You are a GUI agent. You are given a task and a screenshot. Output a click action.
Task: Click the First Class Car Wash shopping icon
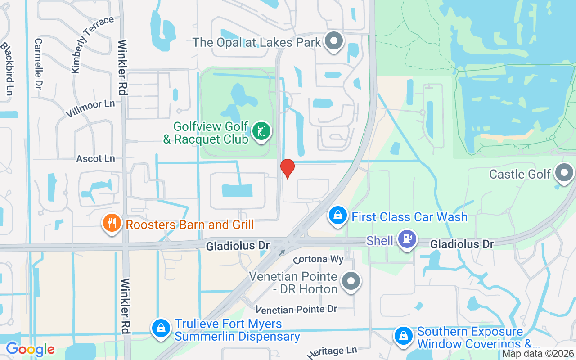pos(338,215)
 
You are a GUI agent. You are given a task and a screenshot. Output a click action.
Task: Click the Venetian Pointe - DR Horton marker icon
pos(351,281)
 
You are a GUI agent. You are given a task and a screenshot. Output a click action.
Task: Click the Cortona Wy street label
pos(319,260)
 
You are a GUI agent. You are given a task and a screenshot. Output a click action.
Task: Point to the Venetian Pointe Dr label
pos(297,309)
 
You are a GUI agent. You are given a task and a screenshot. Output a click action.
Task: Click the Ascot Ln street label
pos(95,158)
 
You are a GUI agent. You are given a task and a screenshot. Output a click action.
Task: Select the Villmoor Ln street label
pos(90,108)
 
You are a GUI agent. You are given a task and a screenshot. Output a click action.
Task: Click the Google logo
pos(30,349)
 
